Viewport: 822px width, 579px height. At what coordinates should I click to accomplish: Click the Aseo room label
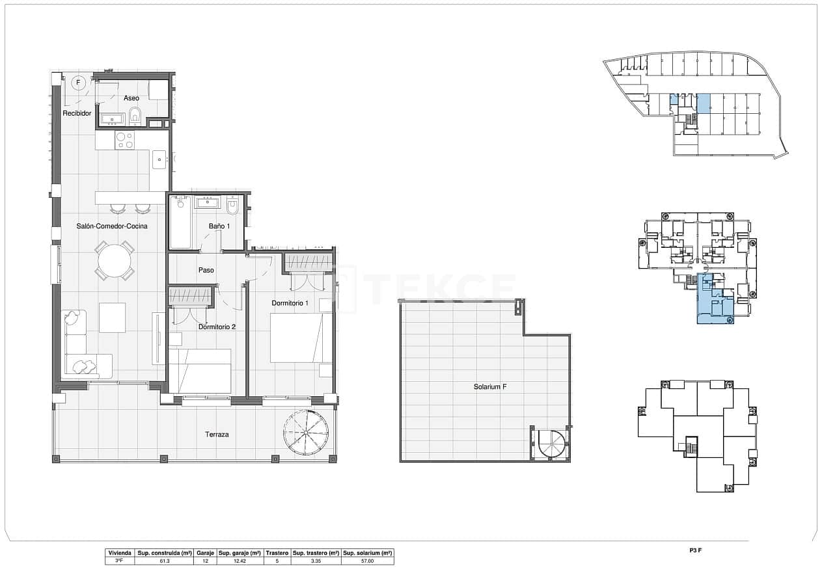131,98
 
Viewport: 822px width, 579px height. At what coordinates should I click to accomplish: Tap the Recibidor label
77,113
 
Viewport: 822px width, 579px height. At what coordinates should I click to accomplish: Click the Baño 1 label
219,226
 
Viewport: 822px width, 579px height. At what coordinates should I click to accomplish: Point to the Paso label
206,270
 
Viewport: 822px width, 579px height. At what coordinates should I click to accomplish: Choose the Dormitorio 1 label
290,303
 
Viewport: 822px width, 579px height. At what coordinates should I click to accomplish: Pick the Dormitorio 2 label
217,327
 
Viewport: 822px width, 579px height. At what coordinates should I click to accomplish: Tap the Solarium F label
490,386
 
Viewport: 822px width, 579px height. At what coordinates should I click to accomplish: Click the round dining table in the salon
115,262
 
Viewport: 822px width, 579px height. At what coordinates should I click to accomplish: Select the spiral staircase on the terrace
307,433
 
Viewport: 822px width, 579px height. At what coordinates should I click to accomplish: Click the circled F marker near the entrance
78,83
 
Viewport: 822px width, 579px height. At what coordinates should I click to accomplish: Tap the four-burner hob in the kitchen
124,141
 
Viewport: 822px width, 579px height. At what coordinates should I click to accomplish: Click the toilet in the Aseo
135,116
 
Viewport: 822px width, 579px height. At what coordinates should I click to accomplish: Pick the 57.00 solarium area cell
367,560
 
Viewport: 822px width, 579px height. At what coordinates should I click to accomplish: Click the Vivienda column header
120,552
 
